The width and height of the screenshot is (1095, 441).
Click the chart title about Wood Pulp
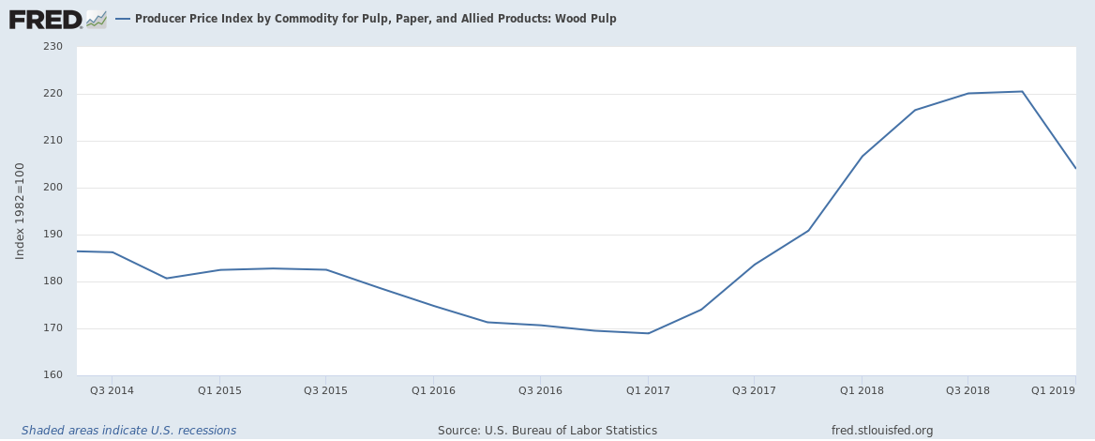[x=375, y=19]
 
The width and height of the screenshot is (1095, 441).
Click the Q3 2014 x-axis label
[x=112, y=389]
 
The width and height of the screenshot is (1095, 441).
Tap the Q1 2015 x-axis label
[x=218, y=389]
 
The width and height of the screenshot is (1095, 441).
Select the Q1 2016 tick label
[x=433, y=389]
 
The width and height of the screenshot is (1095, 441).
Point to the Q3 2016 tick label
[x=540, y=389]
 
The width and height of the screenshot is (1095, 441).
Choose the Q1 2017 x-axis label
[x=647, y=389]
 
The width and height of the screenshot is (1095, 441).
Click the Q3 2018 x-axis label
[x=967, y=389]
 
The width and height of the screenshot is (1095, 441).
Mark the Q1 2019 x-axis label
[x=1053, y=389]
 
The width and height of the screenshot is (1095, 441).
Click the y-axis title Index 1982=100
[x=21, y=211]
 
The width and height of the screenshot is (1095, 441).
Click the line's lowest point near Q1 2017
[x=648, y=333]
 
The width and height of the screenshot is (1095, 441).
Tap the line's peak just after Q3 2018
[x=1021, y=91]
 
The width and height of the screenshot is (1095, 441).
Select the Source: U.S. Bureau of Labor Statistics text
[x=547, y=431]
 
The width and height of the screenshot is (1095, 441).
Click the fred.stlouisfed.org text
[x=881, y=431]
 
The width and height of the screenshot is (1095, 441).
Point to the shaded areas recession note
[x=128, y=431]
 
